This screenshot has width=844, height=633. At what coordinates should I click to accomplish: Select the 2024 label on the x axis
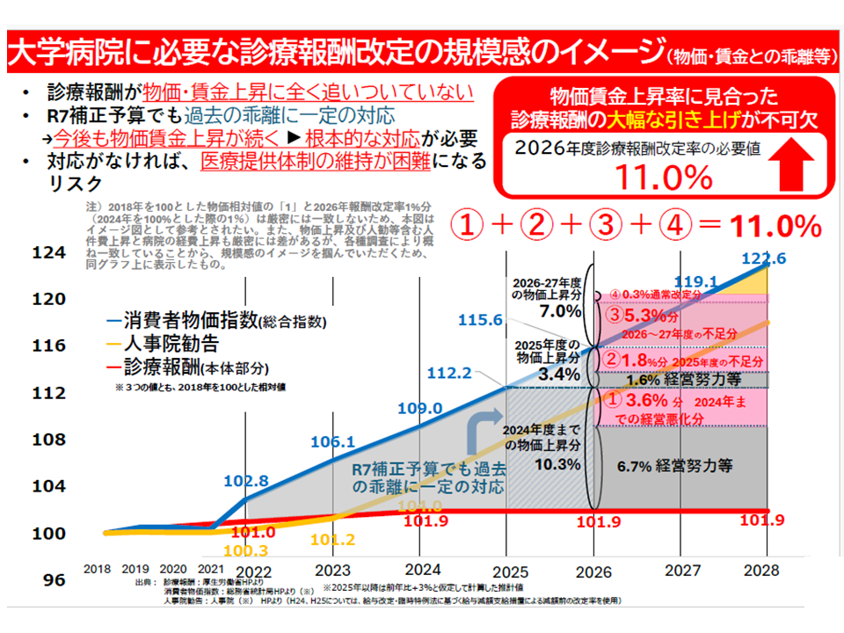pyautogui.click(x=425, y=569)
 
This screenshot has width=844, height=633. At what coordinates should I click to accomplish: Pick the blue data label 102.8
pyautogui.click(x=245, y=482)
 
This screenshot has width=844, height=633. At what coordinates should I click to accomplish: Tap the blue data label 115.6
pyautogui.click(x=479, y=320)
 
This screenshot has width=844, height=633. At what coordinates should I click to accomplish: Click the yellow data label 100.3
pyautogui.click(x=249, y=551)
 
